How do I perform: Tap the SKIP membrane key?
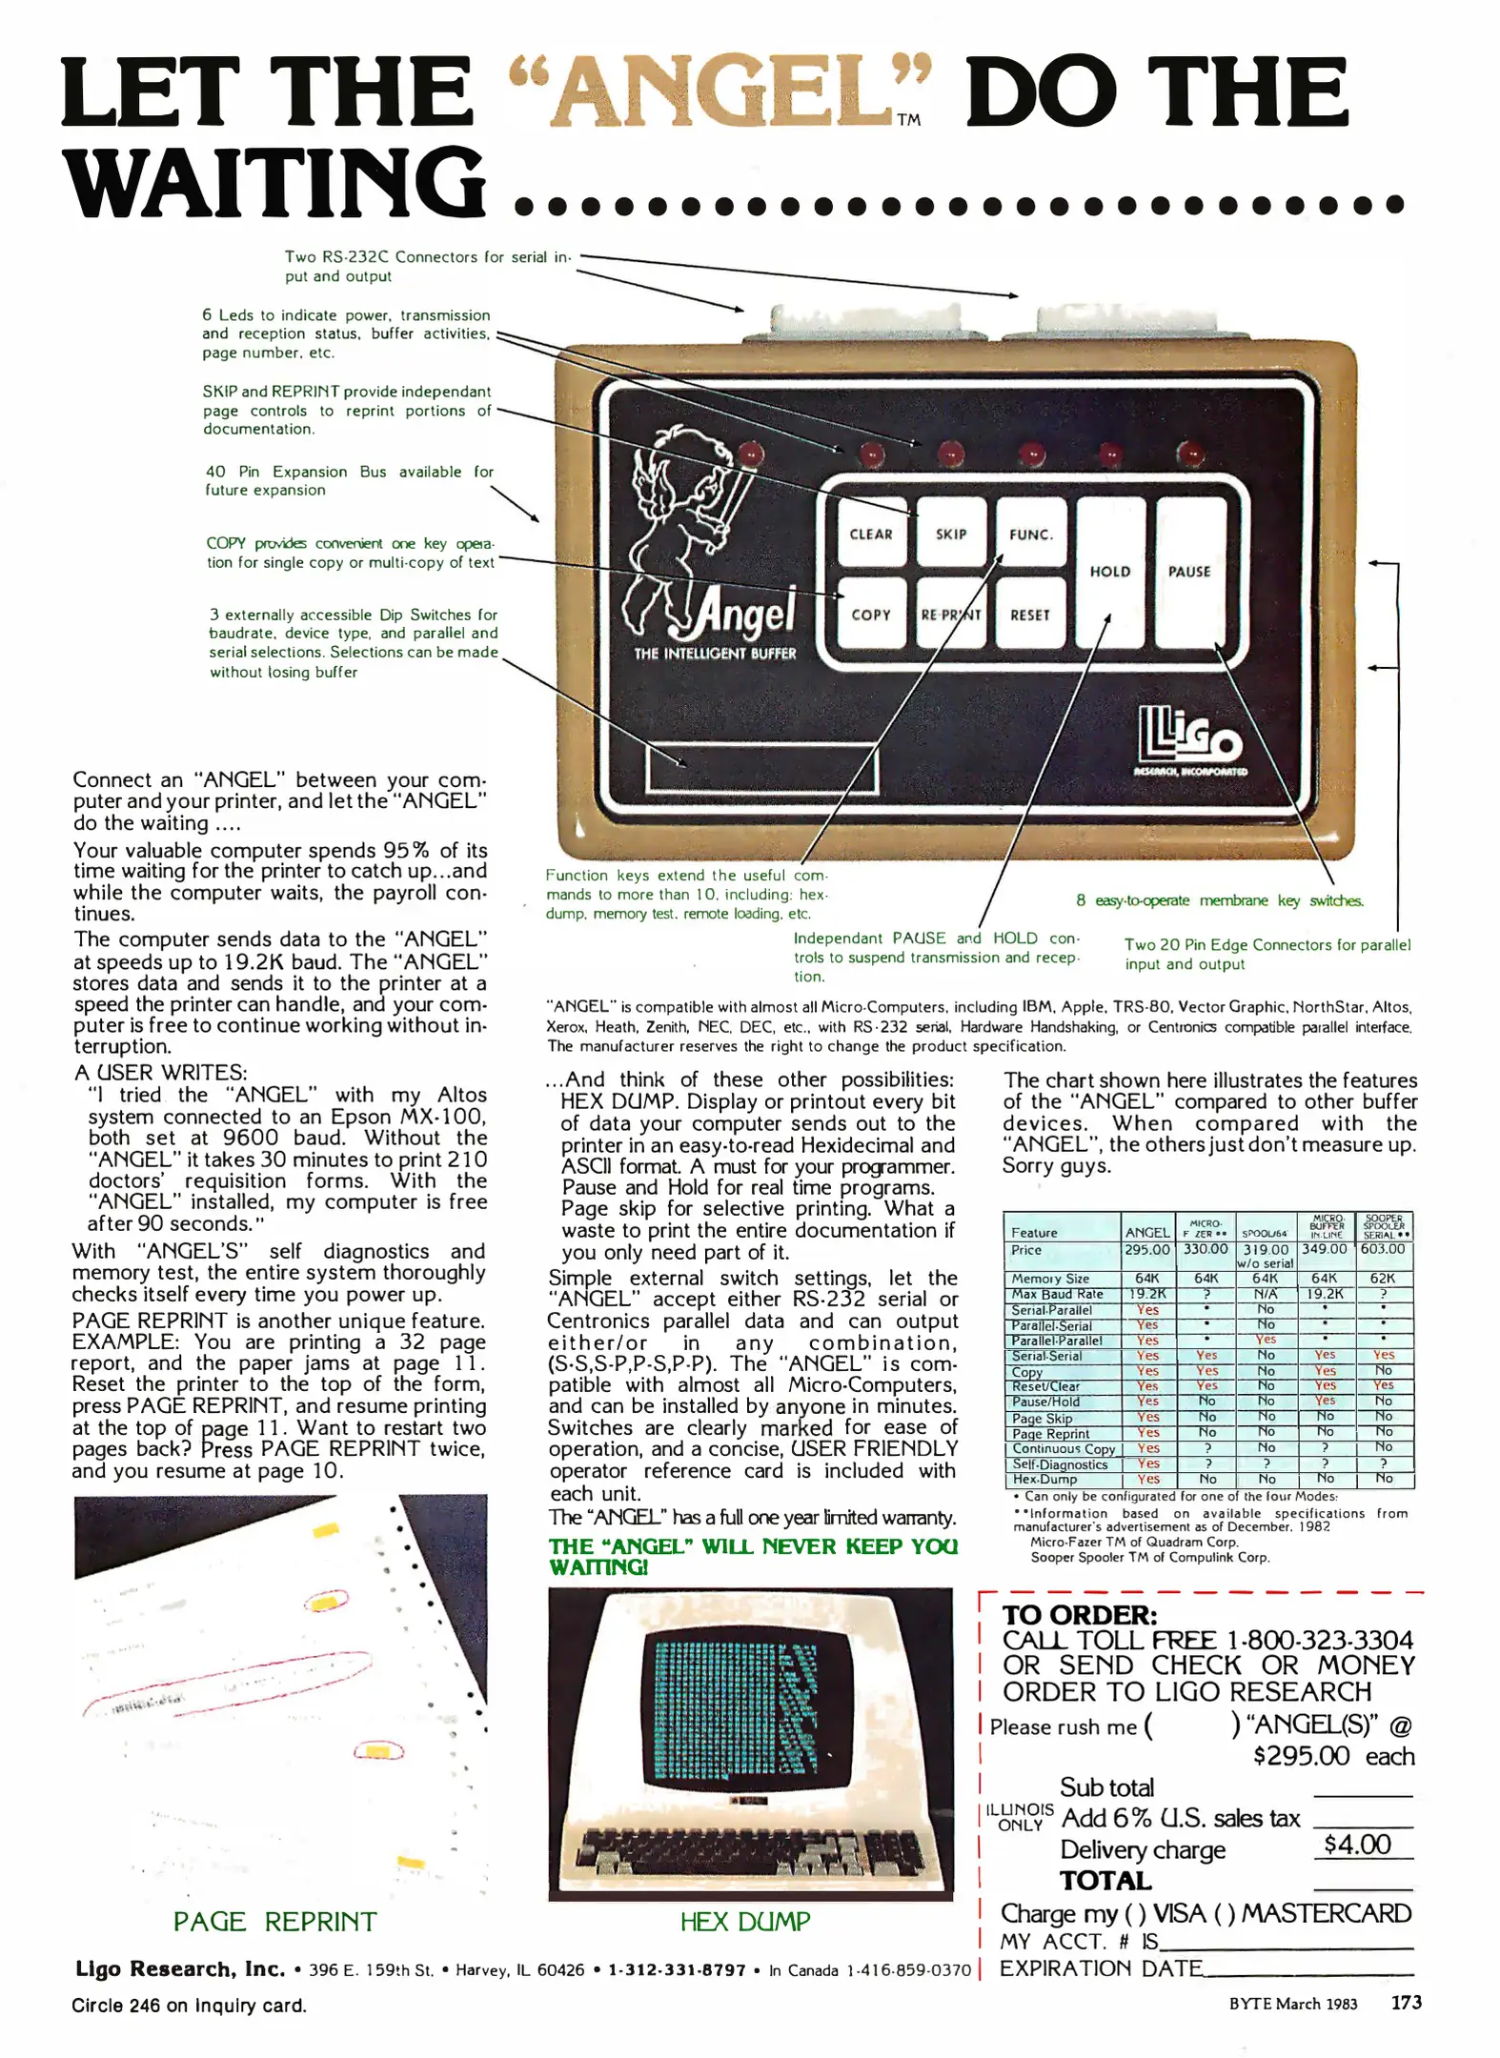pos(950,534)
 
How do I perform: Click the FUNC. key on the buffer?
pos(1030,534)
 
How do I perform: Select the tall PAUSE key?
pos(1189,572)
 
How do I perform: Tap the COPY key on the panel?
pos(871,615)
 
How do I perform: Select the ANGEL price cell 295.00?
pos(1146,1249)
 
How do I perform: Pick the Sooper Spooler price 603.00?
pos(1383,1248)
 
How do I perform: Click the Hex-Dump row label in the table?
pos(1044,1480)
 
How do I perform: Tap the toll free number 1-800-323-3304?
pos(1319,1641)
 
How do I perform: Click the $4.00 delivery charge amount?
pos(1358,1845)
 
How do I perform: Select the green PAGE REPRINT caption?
pos(274,1922)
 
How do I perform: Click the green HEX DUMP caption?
pos(745,1922)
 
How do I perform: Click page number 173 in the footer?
pos(1407,2002)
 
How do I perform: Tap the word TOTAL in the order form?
pos(1105,1881)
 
